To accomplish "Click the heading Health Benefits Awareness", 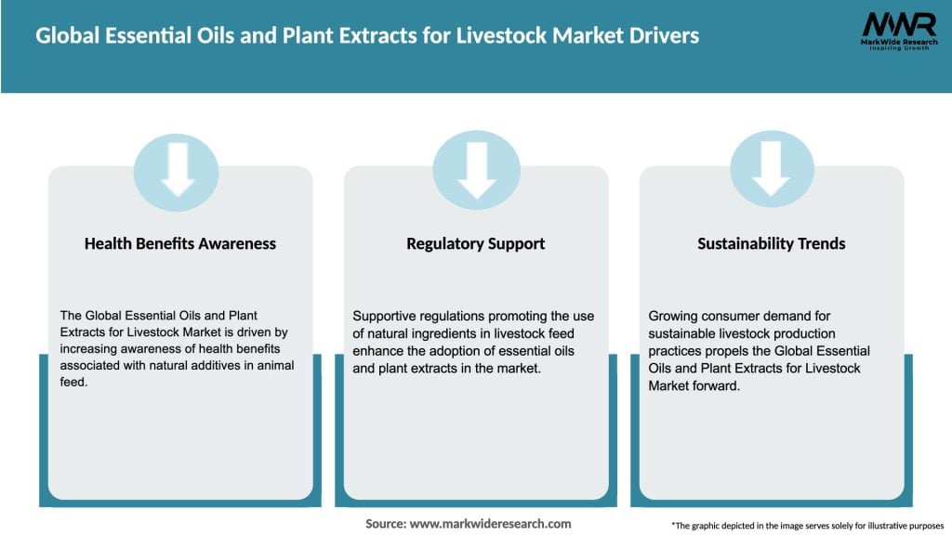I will (x=180, y=243).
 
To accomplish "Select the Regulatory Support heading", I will (x=476, y=243).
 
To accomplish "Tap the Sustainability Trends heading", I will (x=772, y=243).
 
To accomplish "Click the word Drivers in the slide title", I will (x=657, y=37).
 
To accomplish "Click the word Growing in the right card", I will (x=672, y=317).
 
